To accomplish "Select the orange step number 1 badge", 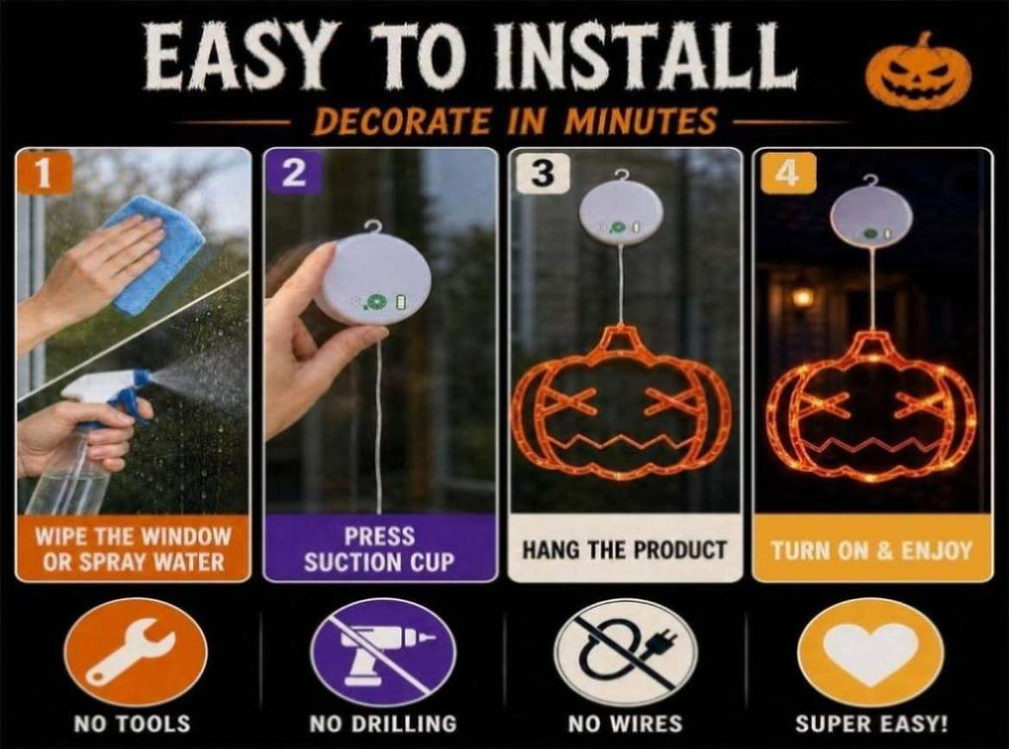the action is [x=42, y=173].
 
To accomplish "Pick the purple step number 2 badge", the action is [x=294, y=173].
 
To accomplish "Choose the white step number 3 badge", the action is [x=543, y=173].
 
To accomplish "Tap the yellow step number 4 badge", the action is [x=788, y=173].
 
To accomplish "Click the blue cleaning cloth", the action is [x=159, y=255].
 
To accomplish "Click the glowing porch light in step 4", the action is [x=802, y=297].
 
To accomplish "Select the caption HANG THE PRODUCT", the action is [x=624, y=551].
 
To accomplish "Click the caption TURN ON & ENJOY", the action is [x=872, y=551].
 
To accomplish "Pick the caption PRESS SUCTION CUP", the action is [x=379, y=550].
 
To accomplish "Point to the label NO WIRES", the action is [x=625, y=724].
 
